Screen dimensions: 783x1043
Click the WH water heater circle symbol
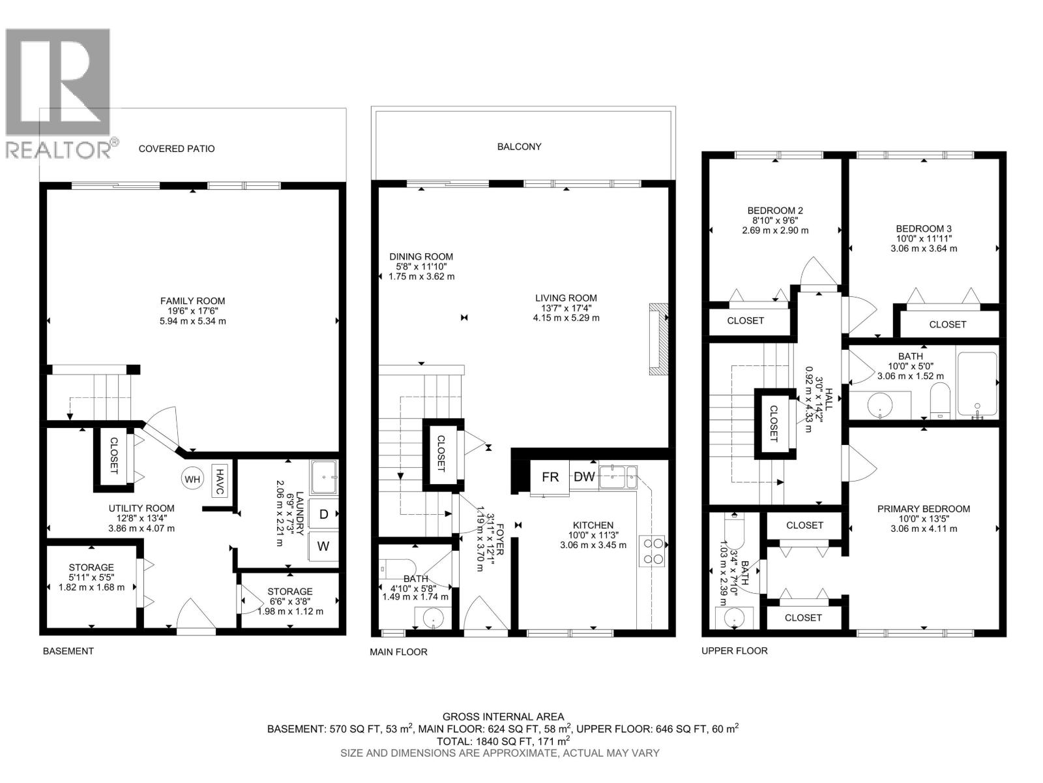pos(192,480)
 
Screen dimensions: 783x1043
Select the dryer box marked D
pos(323,514)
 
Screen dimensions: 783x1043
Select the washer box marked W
pos(323,546)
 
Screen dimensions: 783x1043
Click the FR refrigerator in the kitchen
pos(550,477)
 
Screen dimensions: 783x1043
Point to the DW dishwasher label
pos(584,477)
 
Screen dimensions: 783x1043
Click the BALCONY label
pos(520,147)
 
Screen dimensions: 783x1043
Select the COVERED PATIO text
pos(177,149)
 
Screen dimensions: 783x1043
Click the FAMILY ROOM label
pos(193,301)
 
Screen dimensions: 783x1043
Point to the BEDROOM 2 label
pos(775,211)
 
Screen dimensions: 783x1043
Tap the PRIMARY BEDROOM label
pos(923,509)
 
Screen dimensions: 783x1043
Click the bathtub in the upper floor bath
pos(977,385)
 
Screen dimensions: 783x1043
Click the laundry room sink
pos(325,477)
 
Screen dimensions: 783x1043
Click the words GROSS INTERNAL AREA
pos(503,716)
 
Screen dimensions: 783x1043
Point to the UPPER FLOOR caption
pos(735,651)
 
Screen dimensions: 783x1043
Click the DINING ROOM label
pos(421,257)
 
